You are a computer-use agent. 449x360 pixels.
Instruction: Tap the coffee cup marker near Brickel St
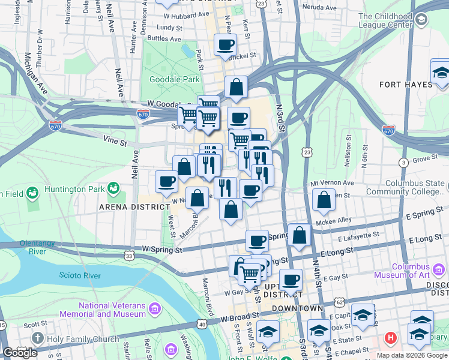[x=225, y=44]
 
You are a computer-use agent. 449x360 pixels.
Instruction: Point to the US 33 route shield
[x=130, y=256]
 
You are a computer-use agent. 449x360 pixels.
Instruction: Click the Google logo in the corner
[x=20, y=353]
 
